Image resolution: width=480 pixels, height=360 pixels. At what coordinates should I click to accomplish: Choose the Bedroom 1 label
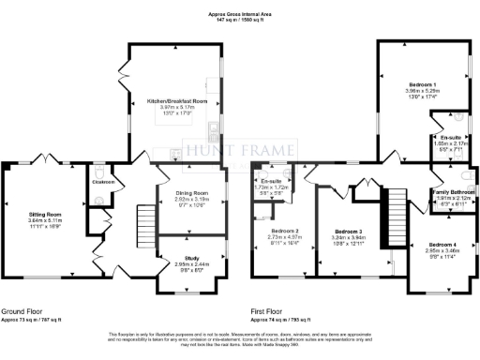pyautogui.click(x=410, y=83)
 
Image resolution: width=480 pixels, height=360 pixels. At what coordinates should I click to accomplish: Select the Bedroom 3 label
pyautogui.click(x=348, y=231)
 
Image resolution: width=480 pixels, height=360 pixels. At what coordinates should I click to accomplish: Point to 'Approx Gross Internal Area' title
pyautogui.click(x=240, y=14)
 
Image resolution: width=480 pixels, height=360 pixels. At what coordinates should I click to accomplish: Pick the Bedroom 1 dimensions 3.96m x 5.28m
pyautogui.click(x=410, y=90)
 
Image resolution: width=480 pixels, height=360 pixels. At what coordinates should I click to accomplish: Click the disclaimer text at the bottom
pyautogui.click(x=240, y=339)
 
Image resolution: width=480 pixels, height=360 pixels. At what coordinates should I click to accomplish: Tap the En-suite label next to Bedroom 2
pyautogui.click(x=274, y=180)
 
